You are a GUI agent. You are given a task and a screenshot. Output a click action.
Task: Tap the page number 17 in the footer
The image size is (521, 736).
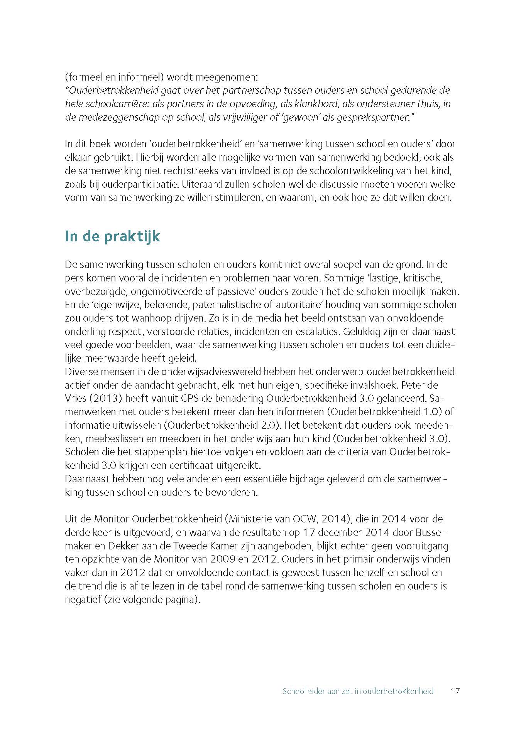455,691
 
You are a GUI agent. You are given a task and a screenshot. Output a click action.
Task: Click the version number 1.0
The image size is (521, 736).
432,412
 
